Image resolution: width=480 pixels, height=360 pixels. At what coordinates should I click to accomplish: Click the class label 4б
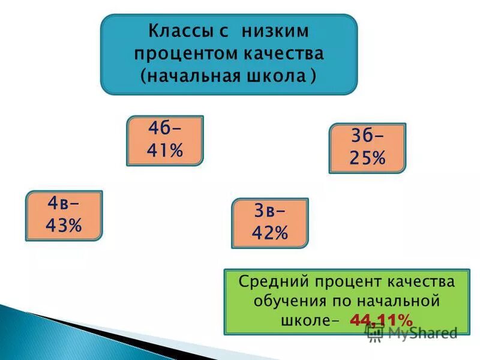tap(161, 130)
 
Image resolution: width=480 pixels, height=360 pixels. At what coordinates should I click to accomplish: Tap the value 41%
tap(164, 151)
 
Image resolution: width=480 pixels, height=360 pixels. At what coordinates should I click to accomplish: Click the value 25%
tap(367, 158)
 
